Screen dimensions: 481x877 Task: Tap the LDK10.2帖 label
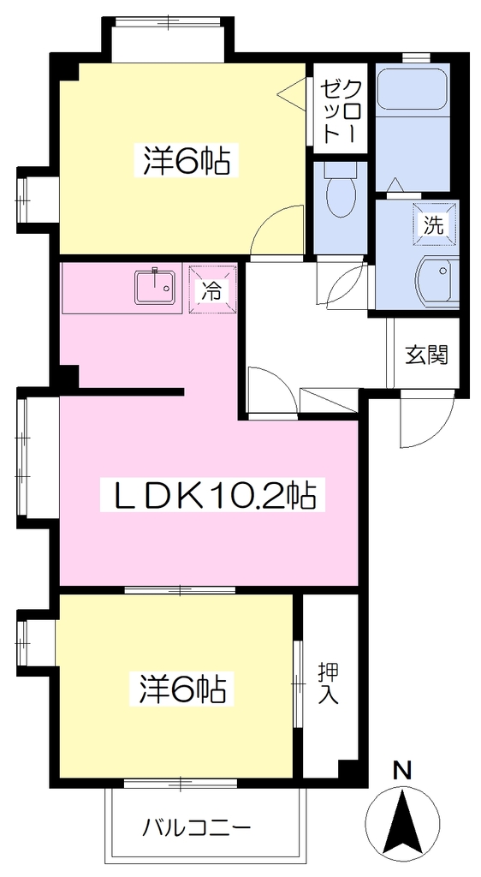tap(211, 494)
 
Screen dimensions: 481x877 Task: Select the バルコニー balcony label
tap(195, 826)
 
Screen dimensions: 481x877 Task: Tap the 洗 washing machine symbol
tap(435, 224)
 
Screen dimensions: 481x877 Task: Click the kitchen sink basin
tap(155, 287)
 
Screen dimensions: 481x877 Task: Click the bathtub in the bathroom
tap(413, 88)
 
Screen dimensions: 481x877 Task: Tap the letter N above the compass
tap(403, 771)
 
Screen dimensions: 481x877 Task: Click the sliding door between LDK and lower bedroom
tap(180, 589)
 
